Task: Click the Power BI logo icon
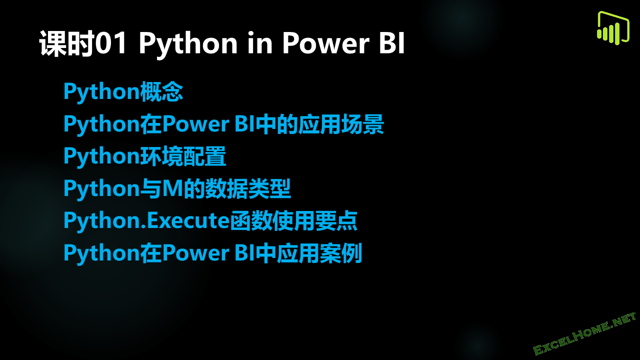click(x=612, y=28)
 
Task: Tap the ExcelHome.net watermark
click(x=584, y=334)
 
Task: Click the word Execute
click(x=187, y=220)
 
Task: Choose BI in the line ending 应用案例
click(x=244, y=252)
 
